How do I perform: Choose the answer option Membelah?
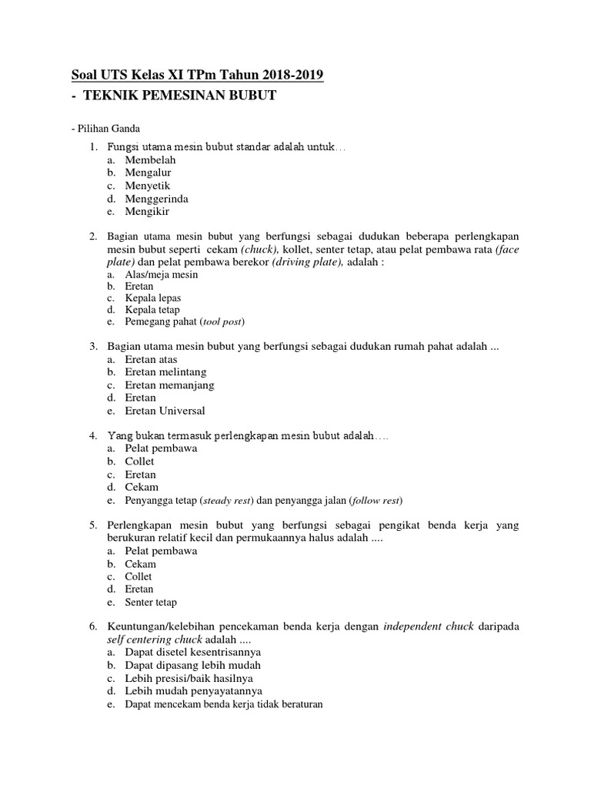point(151,159)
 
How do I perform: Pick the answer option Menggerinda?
point(157,198)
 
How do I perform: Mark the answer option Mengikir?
point(147,211)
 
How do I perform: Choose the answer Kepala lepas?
point(153,297)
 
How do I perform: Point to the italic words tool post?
point(226,322)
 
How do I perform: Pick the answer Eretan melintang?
point(166,372)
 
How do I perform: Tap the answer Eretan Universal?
point(165,411)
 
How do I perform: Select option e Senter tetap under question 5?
point(151,602)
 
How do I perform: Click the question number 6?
point(93,626)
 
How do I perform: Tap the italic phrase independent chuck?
point(424,626)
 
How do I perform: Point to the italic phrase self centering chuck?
point(154,640)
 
